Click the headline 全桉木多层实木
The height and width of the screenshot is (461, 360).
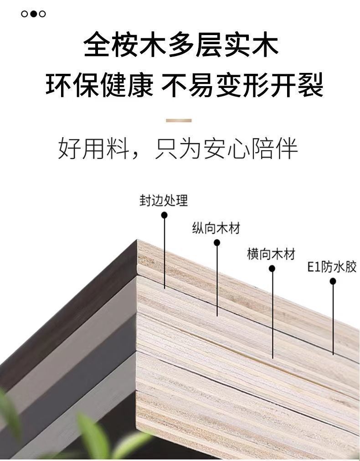(181, 44)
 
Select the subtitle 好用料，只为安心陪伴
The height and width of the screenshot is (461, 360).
(178, 149)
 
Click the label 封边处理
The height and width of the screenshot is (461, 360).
(164, 200)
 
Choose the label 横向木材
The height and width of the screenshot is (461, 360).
(271, 254)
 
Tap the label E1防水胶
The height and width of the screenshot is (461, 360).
(332, 267)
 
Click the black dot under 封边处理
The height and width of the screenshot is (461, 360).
(165, 215)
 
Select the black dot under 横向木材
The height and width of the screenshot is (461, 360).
(272, 269)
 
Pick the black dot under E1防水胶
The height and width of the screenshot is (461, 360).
(333, 282)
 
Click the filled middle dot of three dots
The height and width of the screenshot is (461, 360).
(33, 14)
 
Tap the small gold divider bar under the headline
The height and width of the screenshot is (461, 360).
(179, 121)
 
